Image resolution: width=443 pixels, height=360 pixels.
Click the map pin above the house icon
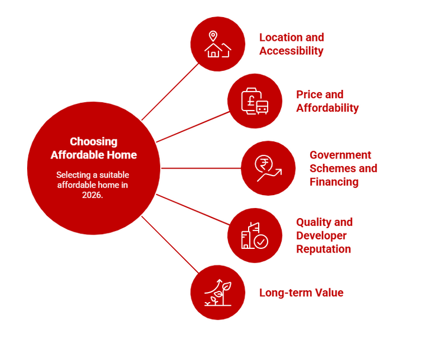tap(213, 36)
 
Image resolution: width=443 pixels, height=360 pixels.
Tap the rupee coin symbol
tap(264, 164)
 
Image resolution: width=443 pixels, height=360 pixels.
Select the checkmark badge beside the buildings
tap(260, 242)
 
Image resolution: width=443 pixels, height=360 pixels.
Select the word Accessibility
tap(291, 51)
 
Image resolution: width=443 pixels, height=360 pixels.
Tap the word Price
tap(309, 95)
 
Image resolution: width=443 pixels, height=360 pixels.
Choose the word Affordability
tap(327, 108)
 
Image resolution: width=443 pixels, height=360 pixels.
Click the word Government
tap(340, 155)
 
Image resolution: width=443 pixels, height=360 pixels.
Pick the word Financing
tap(334, 182)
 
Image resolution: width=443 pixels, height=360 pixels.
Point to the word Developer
tap(321, 236)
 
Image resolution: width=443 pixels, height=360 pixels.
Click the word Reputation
tap(324, 249)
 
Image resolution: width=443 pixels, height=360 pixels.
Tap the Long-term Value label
tap(301, 293)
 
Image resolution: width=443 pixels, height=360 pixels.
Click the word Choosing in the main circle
tap(93, 142)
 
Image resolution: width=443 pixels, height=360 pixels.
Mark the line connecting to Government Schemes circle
tap(201, 168)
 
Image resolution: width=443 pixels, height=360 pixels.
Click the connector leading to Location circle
tap(170, 92)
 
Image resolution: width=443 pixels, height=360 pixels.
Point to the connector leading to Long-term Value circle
tap(170, 245)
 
